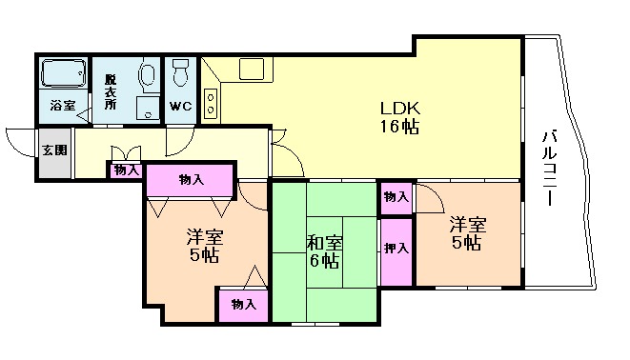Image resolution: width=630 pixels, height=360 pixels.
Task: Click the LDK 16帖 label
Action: point(399,117)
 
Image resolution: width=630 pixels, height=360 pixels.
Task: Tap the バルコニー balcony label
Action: point(550,168)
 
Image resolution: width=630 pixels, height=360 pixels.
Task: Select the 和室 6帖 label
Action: point(325,251)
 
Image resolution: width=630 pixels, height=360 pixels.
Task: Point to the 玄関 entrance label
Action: point(55,150)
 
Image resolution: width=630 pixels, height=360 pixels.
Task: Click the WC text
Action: point(180,107)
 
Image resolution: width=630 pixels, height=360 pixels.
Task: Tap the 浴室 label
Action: point(63,106)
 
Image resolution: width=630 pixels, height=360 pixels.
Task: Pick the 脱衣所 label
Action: point(111,92)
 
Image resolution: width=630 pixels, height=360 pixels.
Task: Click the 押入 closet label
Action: point(396,249)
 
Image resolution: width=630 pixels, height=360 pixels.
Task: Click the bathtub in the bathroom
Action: point(64,72)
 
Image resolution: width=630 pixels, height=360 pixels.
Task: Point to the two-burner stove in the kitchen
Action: point(210,104)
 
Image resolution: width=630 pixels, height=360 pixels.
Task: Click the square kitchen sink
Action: point(252,69)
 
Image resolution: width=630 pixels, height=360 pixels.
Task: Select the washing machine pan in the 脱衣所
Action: point(148,108)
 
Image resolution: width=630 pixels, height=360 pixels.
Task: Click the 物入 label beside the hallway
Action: point(127,170)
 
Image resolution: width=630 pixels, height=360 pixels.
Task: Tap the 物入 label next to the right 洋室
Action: point(396,197)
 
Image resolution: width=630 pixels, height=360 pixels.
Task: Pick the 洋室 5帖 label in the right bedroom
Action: point(467,233)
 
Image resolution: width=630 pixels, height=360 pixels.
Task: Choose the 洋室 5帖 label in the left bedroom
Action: point(205,246)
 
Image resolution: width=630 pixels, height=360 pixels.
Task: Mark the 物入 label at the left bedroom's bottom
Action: point(243,305)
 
